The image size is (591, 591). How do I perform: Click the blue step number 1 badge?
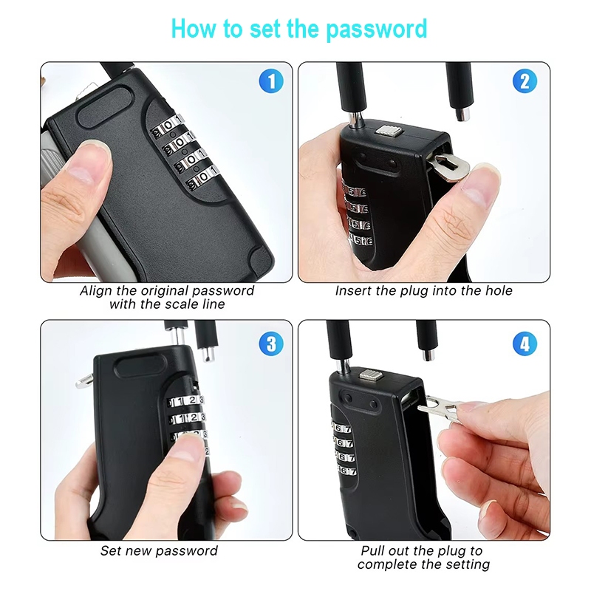[271, 81]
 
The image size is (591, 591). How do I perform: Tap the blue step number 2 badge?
[525, 81]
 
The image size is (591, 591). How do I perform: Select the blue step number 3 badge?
[271, 344]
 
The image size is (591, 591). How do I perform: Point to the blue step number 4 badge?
[525, 344]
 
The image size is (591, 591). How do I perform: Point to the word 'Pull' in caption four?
[373, 550]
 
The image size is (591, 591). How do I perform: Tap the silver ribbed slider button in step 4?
[372, 375]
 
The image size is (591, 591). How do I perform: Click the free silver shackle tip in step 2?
[463, 114]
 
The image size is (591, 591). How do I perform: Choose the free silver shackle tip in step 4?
[428, 355]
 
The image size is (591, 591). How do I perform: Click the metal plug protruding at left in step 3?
[84, 381]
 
